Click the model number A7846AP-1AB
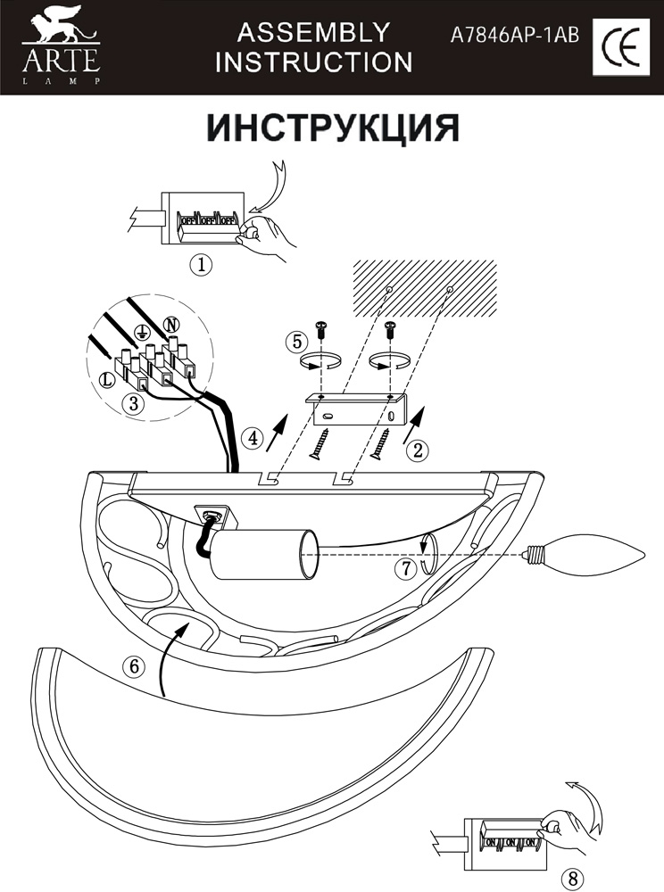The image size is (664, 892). click(516, 35)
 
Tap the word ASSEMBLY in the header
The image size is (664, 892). click(313, 33)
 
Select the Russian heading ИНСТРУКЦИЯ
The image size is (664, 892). click(333, 128)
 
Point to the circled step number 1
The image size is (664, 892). click(201, 264)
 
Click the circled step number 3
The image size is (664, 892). click(132, 403)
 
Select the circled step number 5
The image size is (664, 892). click(297, 342)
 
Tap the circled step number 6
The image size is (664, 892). click(132, 666)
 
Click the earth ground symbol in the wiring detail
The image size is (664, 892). click(139, 333)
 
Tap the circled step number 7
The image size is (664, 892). click(406, 570)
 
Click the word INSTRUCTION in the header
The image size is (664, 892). click(313, 62)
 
